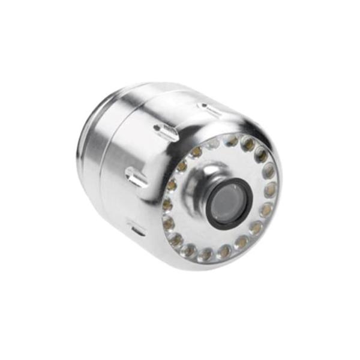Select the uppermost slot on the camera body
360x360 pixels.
tap(211, 110)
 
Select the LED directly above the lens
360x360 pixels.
tap(231, 141)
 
